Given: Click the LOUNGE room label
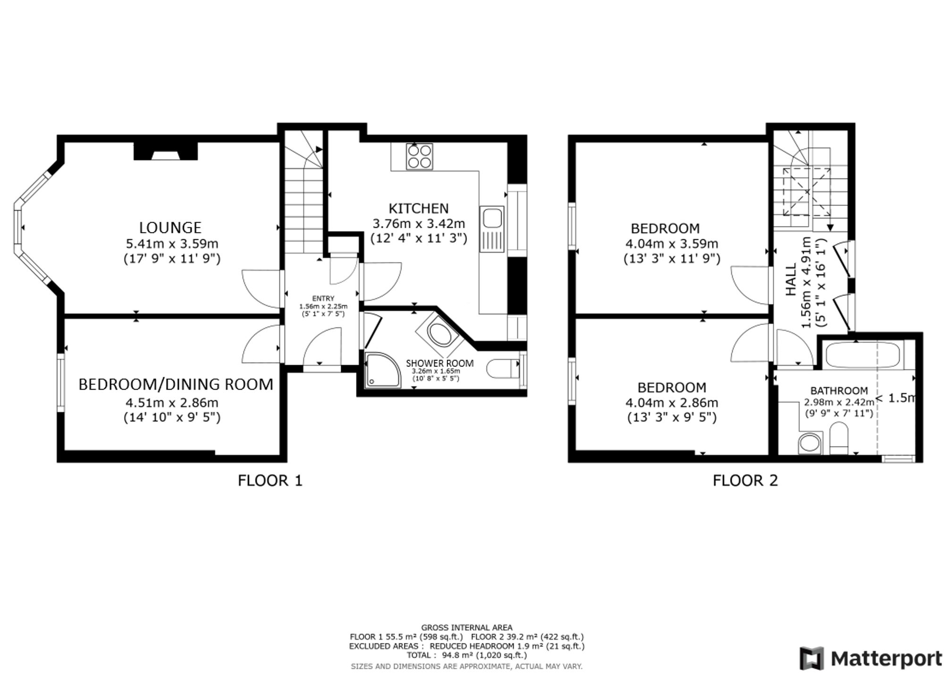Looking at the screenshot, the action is click(170, 228).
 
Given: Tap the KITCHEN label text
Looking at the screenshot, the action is click(418, 208).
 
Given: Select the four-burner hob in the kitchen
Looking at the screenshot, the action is click(419, 156).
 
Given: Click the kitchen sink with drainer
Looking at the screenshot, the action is click(492, 229).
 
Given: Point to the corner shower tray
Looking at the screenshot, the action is click(382, 370).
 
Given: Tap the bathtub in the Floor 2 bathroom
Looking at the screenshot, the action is click(863, 355).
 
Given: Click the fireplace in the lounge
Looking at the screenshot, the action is click(165, 151).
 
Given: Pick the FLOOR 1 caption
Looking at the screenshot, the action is click(270, 481).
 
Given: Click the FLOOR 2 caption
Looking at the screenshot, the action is click(745, 481).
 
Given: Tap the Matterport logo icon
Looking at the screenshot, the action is click(811, 658).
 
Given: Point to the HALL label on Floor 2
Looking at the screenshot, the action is click(791, 280).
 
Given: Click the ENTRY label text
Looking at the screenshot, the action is click(323, 298).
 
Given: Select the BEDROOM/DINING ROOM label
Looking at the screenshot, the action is click(176, 384).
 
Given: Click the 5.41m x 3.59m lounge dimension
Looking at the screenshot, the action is click(172, 244).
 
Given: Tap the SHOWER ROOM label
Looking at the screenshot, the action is click(439, 363).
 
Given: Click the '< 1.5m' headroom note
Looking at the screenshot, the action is click(895, 398).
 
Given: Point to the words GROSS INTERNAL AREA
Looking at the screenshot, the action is click(466, 628).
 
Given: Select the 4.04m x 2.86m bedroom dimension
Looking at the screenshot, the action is click(672, 403).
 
